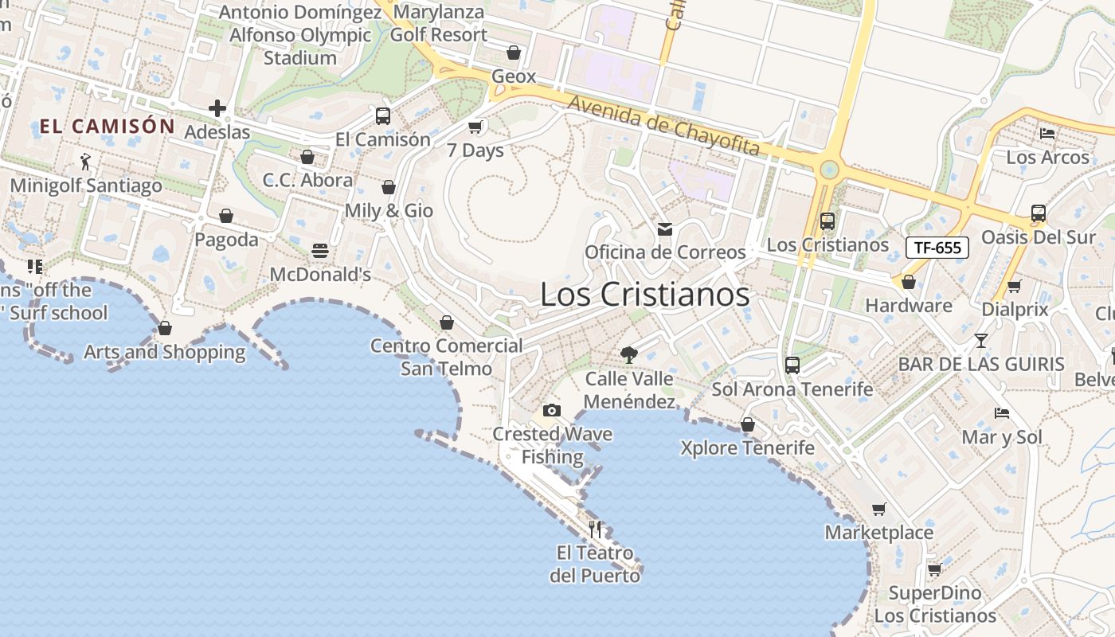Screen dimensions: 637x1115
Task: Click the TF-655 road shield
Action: click(937, 248)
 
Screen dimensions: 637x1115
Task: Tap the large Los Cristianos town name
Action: click(644, 295)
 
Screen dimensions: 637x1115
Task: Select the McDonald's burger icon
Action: click(320, 251)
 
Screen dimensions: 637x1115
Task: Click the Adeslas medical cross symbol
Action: click(217, 108)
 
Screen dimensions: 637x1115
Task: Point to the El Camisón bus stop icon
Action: click(383, 116)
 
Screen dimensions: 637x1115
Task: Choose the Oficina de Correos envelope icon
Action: click(664, 229)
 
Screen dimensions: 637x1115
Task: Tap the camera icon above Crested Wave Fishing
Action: click(551, 410)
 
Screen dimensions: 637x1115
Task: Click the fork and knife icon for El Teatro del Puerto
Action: click(595, 529)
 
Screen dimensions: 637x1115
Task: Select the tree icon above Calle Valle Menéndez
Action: click(629, 355)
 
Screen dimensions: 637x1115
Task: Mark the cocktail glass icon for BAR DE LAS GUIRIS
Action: click(981, 340)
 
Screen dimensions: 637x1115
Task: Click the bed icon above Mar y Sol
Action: click(1002, 413)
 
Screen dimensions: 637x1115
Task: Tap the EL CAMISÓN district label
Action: click(107, 126)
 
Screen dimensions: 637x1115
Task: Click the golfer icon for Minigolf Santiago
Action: click(85, 162)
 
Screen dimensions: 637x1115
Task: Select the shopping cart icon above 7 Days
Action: click(475, 127)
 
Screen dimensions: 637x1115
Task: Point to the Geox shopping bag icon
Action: click(514, 53)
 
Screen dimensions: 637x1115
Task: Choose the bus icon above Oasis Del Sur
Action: click(1038, 213)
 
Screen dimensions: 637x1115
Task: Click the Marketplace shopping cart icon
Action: click(878, 509)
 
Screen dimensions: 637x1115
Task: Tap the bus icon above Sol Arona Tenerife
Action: click(792, 365)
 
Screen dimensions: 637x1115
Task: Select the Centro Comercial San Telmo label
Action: click(447, 358)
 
